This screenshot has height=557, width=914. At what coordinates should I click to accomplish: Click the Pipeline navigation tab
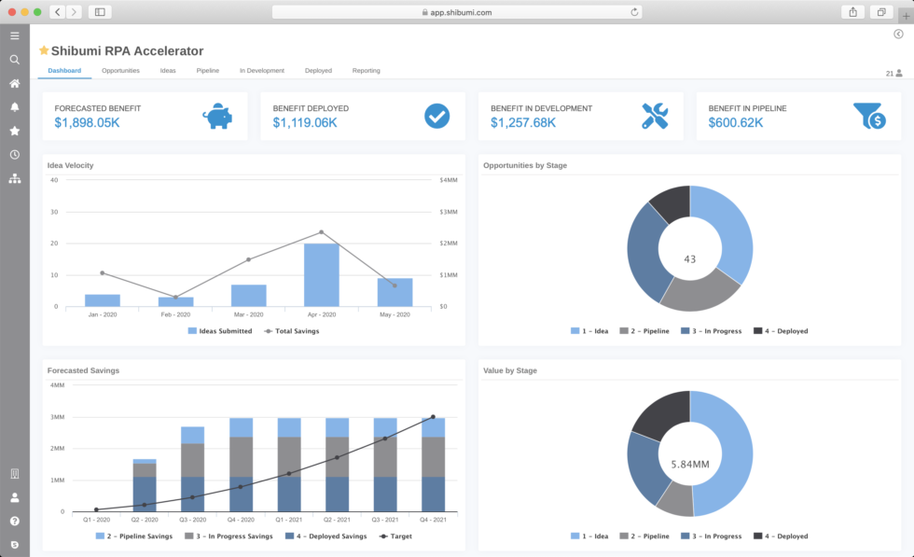[x=207, y=71]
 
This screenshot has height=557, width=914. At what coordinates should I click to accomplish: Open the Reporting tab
[x=366, y=71]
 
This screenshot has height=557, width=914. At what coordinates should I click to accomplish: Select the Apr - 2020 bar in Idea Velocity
[x=322, y=275]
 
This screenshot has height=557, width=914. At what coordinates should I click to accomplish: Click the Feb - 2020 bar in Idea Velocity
[x=175, y=301]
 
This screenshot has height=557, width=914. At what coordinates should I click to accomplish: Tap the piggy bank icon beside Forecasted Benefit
[x=217, y=116]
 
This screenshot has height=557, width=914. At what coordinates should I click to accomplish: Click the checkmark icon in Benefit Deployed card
[x=436, y=116]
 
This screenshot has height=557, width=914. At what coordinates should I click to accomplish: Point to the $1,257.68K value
[x=523, y=122]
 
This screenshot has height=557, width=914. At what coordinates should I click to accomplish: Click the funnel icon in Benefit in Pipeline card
[x=868, y=116]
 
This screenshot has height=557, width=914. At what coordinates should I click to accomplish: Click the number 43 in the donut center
[x=690, y=259]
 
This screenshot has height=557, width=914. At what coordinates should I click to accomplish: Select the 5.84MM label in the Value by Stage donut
[x=690, y=463]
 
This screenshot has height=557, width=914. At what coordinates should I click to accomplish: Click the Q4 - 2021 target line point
[x=433, y=417]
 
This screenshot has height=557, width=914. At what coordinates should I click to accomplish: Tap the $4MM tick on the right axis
[x=448, y=180]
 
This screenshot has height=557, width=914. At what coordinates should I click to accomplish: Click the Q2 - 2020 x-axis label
[x=144, y=520]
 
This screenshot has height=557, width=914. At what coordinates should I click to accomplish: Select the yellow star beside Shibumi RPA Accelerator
[x=44, y=50]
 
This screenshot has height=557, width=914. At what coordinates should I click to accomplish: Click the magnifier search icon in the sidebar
[x=15, y=60]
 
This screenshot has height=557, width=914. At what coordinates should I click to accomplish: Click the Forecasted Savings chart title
[x=83, y=370]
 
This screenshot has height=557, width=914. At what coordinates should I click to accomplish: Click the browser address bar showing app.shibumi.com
[x=457, y=12]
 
